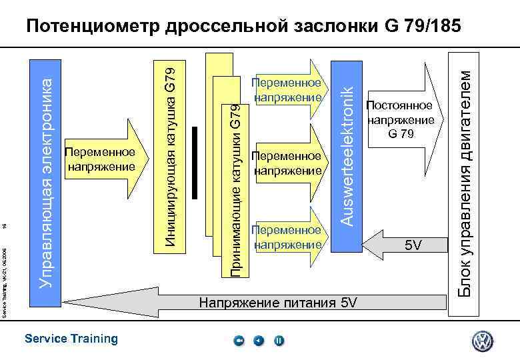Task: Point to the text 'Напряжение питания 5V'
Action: [x=278, y=303]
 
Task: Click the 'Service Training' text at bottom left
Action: [x=71, y=339]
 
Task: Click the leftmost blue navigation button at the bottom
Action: [x=239, y=341]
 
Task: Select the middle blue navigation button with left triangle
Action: [x=259, y=341]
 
